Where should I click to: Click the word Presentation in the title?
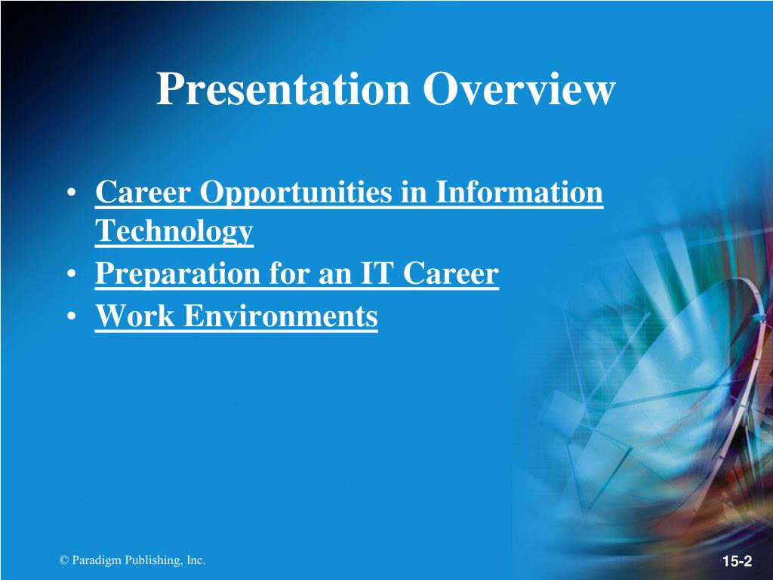point(283,90)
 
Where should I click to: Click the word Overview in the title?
point(519,89)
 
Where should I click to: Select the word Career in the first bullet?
point(143,192)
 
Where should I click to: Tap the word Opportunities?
point(296,193)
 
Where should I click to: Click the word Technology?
point(174,231)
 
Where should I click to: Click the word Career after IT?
point(451,273)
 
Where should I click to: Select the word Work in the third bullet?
point(134,316)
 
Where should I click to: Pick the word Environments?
point(281,316)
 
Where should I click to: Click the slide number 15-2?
point(738,561)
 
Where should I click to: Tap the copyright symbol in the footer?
point(63,560)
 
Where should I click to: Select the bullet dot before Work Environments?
point(72,316)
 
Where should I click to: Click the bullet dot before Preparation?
point(72,273)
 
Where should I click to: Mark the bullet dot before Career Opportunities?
point(72,192)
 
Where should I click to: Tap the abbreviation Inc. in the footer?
point(196,560)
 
